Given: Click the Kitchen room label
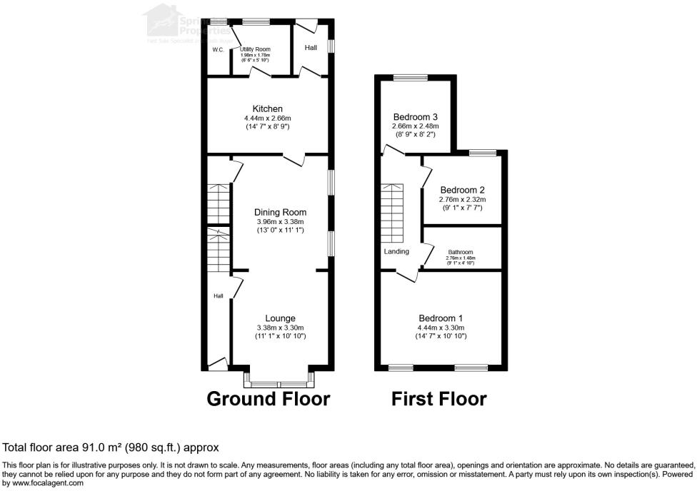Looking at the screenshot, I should click(x=267, y=108).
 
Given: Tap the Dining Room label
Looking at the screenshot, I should click(x=280, y=212).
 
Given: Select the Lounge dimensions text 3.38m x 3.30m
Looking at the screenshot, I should click(x=280, y=328).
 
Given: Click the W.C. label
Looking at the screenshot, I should click(x=218, y=49).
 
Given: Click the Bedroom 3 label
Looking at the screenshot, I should click(x=415, y=117).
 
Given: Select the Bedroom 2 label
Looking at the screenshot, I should click(x=462, y=190).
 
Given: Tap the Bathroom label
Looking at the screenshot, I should click(x=461, y=252).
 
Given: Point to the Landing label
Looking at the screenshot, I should click(x=396, y=251).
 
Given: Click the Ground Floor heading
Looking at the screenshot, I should click(x=269, y=399).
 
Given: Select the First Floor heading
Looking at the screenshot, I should click(x=439, y=399).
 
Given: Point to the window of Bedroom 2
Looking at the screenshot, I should click(x=483, y=151).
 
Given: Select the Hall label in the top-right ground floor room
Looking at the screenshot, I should click(x=311, y=48).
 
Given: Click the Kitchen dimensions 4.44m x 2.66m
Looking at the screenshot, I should click(x=267, y=118).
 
